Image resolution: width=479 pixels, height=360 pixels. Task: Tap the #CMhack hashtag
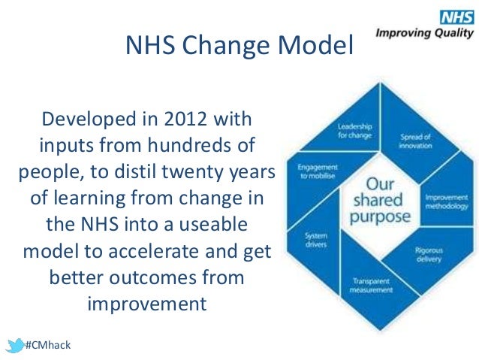pos(47,345)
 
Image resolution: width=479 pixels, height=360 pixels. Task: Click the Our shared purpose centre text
pos(384,199)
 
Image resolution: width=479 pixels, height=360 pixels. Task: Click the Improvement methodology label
pos(446,203)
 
